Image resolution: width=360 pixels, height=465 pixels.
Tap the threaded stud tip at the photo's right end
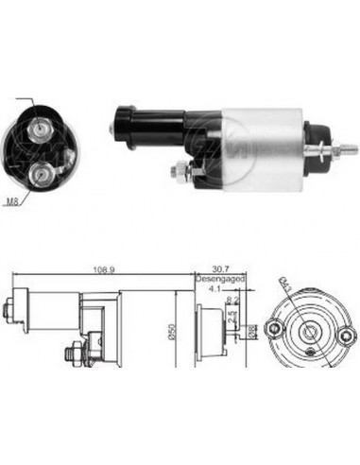(349, 147)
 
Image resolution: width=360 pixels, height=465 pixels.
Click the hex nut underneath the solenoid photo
(177, 170)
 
